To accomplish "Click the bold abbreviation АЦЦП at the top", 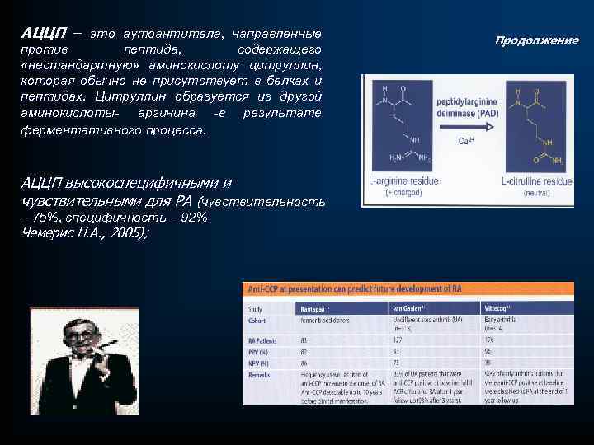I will [42, 33].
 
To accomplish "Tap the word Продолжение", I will [536, 40].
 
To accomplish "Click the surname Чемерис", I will [46, 233].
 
